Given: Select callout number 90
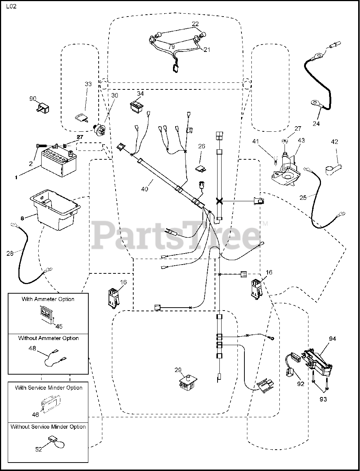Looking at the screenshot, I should click(33, 99).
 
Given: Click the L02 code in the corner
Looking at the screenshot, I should click(11, 7).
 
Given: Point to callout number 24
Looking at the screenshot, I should click(316, 124).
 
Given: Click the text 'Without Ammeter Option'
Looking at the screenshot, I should click(48, 338).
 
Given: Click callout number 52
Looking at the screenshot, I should click(38, 449).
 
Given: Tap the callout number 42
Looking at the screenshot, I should click(334, 142).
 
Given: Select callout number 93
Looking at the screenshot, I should click(323, 399).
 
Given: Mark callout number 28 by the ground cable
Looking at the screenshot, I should click(10, 253).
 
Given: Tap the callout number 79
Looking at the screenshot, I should click(172, 47).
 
